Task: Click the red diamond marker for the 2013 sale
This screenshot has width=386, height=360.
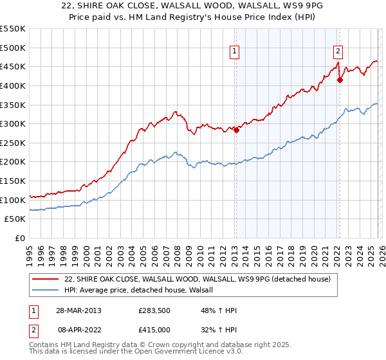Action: tap(236, 130)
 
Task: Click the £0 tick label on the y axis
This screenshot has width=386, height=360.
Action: tap(19, 238)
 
